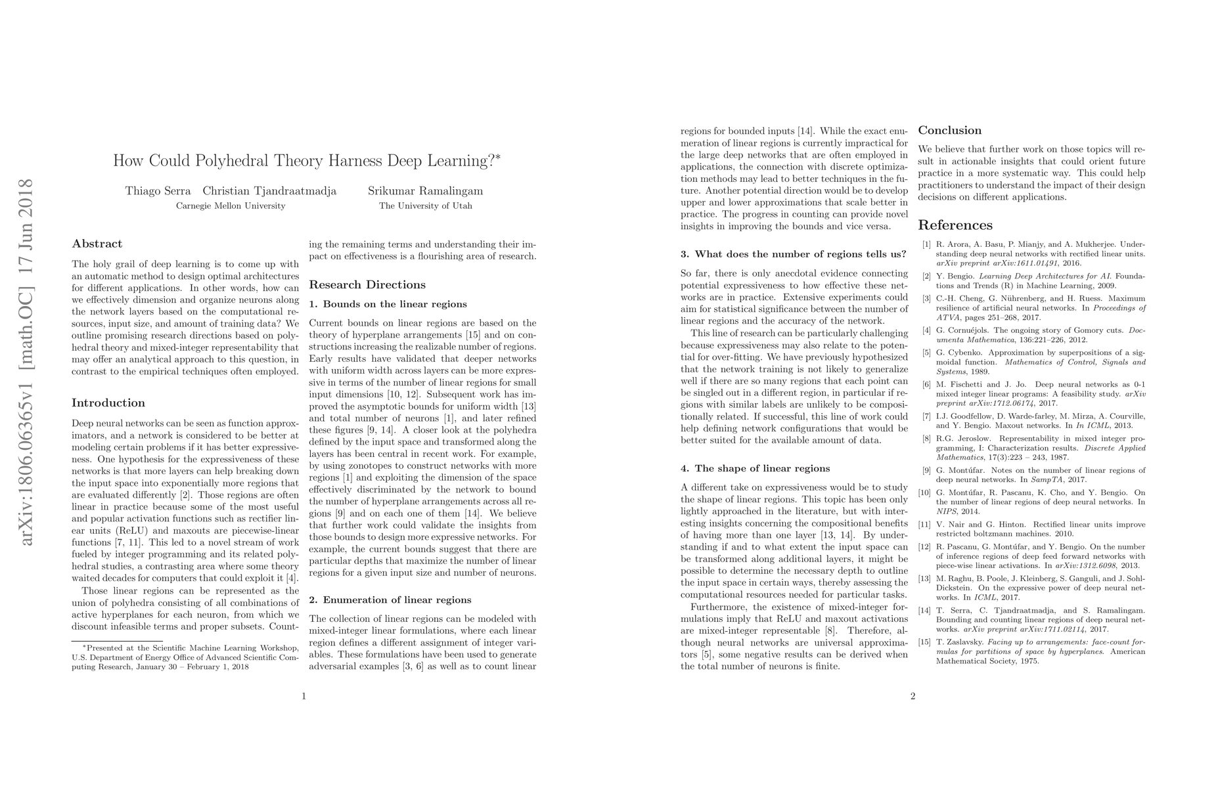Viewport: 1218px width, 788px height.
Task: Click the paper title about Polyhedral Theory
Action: click(x=306, y=161)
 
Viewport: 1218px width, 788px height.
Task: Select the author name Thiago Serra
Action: click(x=158, y=191)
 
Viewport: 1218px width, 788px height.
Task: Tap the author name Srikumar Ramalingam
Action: click(x=425, y=191)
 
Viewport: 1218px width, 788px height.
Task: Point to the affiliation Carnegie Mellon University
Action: click(x=231, y=206)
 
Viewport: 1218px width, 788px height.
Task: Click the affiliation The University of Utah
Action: click(x=425, y=206)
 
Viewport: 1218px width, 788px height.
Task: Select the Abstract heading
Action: click(x=97, y=244)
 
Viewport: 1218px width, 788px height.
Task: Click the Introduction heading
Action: click(x=108, y=403)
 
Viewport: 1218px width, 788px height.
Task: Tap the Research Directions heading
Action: click(x=367, y=284)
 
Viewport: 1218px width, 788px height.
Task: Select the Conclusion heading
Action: click(x=949, y=130)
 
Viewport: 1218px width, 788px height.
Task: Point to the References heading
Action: click(x=955, y=225)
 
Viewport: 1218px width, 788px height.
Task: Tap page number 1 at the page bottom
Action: click(x=304, y=696)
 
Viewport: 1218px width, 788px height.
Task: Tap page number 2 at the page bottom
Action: click(x=913, y=696)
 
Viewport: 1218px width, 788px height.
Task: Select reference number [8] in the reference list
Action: click(x=926, y=438)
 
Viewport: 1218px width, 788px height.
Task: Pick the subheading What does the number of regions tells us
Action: click(x=794, y=254)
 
